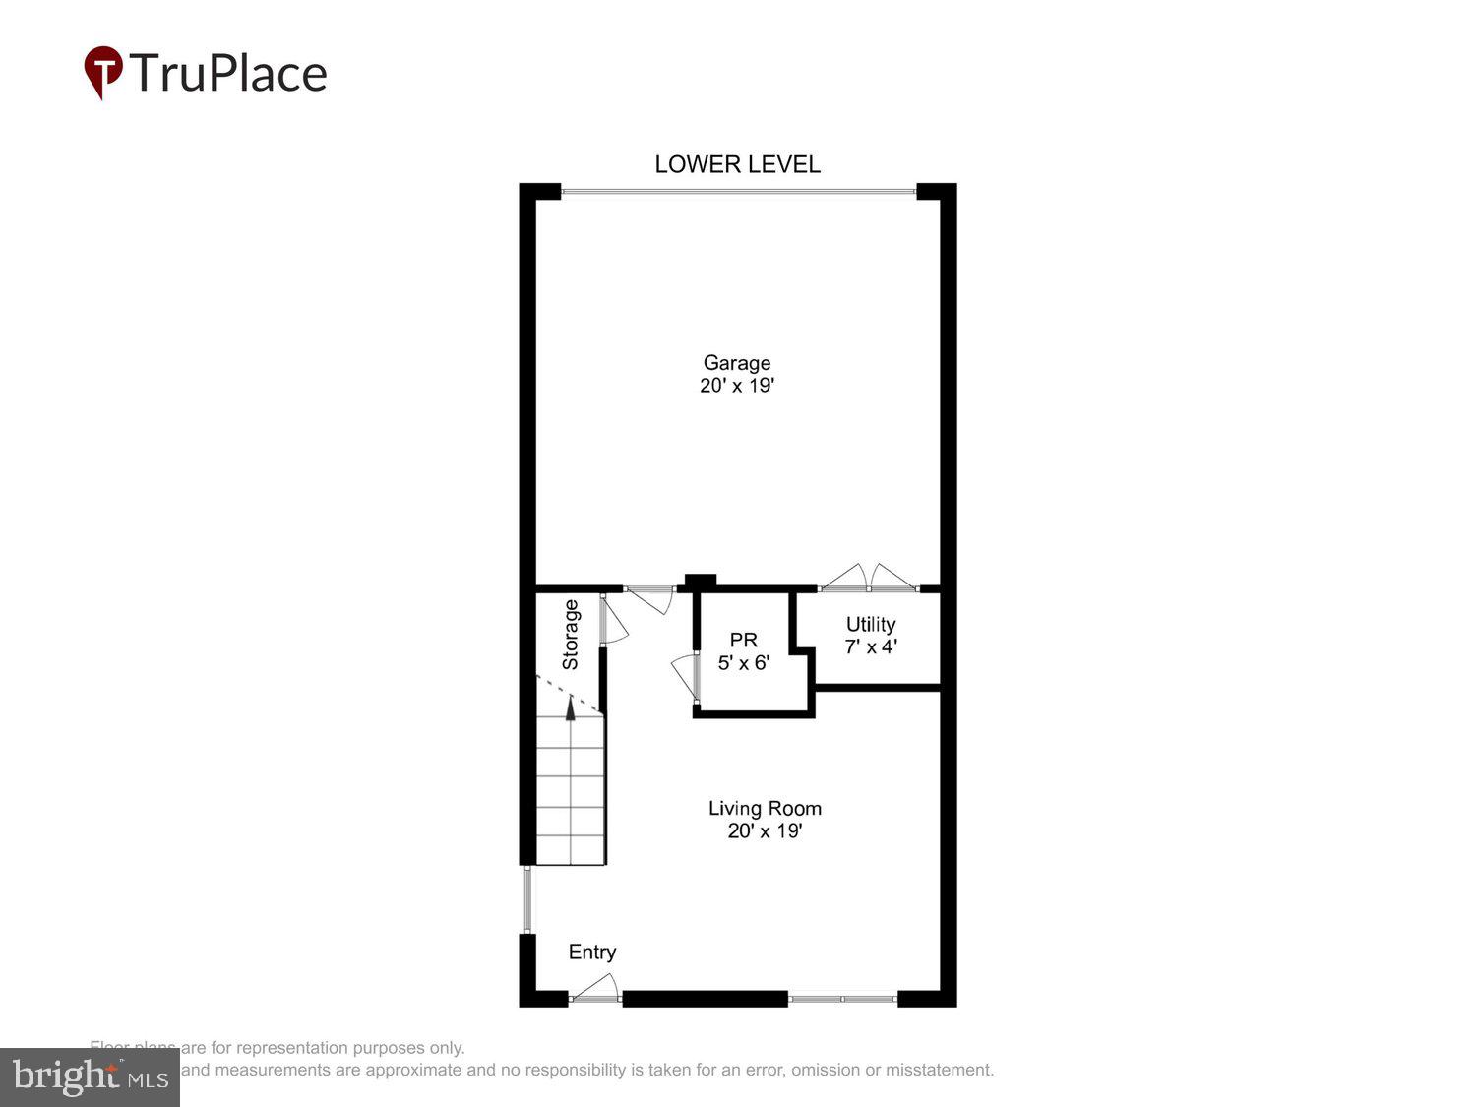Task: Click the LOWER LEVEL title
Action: [737, 164]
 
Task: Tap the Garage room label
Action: [736, 363]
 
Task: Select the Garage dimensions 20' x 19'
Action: [737, 386]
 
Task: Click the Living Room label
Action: [765, 809]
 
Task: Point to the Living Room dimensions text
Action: [765, 831]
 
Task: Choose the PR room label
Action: [743, 641]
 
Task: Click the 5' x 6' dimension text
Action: [743, 663]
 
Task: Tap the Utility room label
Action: [871, 625]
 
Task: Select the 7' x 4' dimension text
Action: [871, 647]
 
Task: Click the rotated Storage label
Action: [571, 635]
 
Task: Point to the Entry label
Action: [592, 952]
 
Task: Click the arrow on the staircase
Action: [570, 707]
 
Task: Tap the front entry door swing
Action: [596, 989]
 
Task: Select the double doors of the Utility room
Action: [869, 580]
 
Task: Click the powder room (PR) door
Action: [685, 677]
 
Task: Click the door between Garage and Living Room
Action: [650, 596]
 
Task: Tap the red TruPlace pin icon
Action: [103, 72]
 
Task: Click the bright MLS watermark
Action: [90, 1076]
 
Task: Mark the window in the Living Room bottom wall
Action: [842, 999]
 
